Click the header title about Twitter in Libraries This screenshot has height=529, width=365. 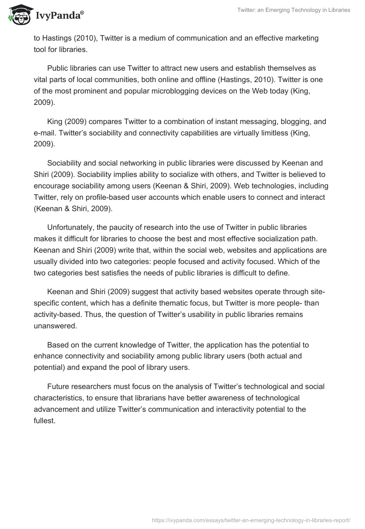coord(293,10)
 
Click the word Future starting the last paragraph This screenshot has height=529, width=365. coord(57,386)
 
